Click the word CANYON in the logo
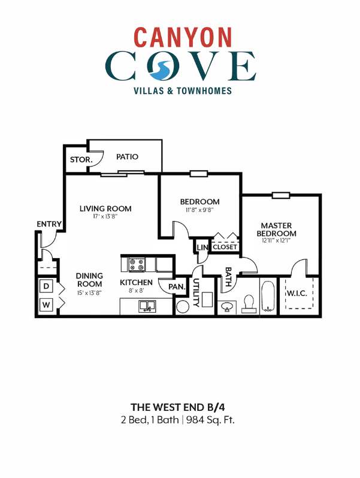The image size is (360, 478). tap(183, 37)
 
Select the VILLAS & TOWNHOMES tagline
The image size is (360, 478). tap(181, 91)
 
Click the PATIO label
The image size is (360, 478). tap(127, 157)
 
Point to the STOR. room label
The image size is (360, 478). tap(80, 160)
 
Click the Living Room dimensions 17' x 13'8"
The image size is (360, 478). tap(105, 217)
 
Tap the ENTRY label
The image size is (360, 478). tap(49, 224)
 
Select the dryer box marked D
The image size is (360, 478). tap(46, 287)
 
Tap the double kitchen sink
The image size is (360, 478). tap(147, 306)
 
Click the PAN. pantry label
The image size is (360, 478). tap(177, 287)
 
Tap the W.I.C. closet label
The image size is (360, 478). tap(298, 294)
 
